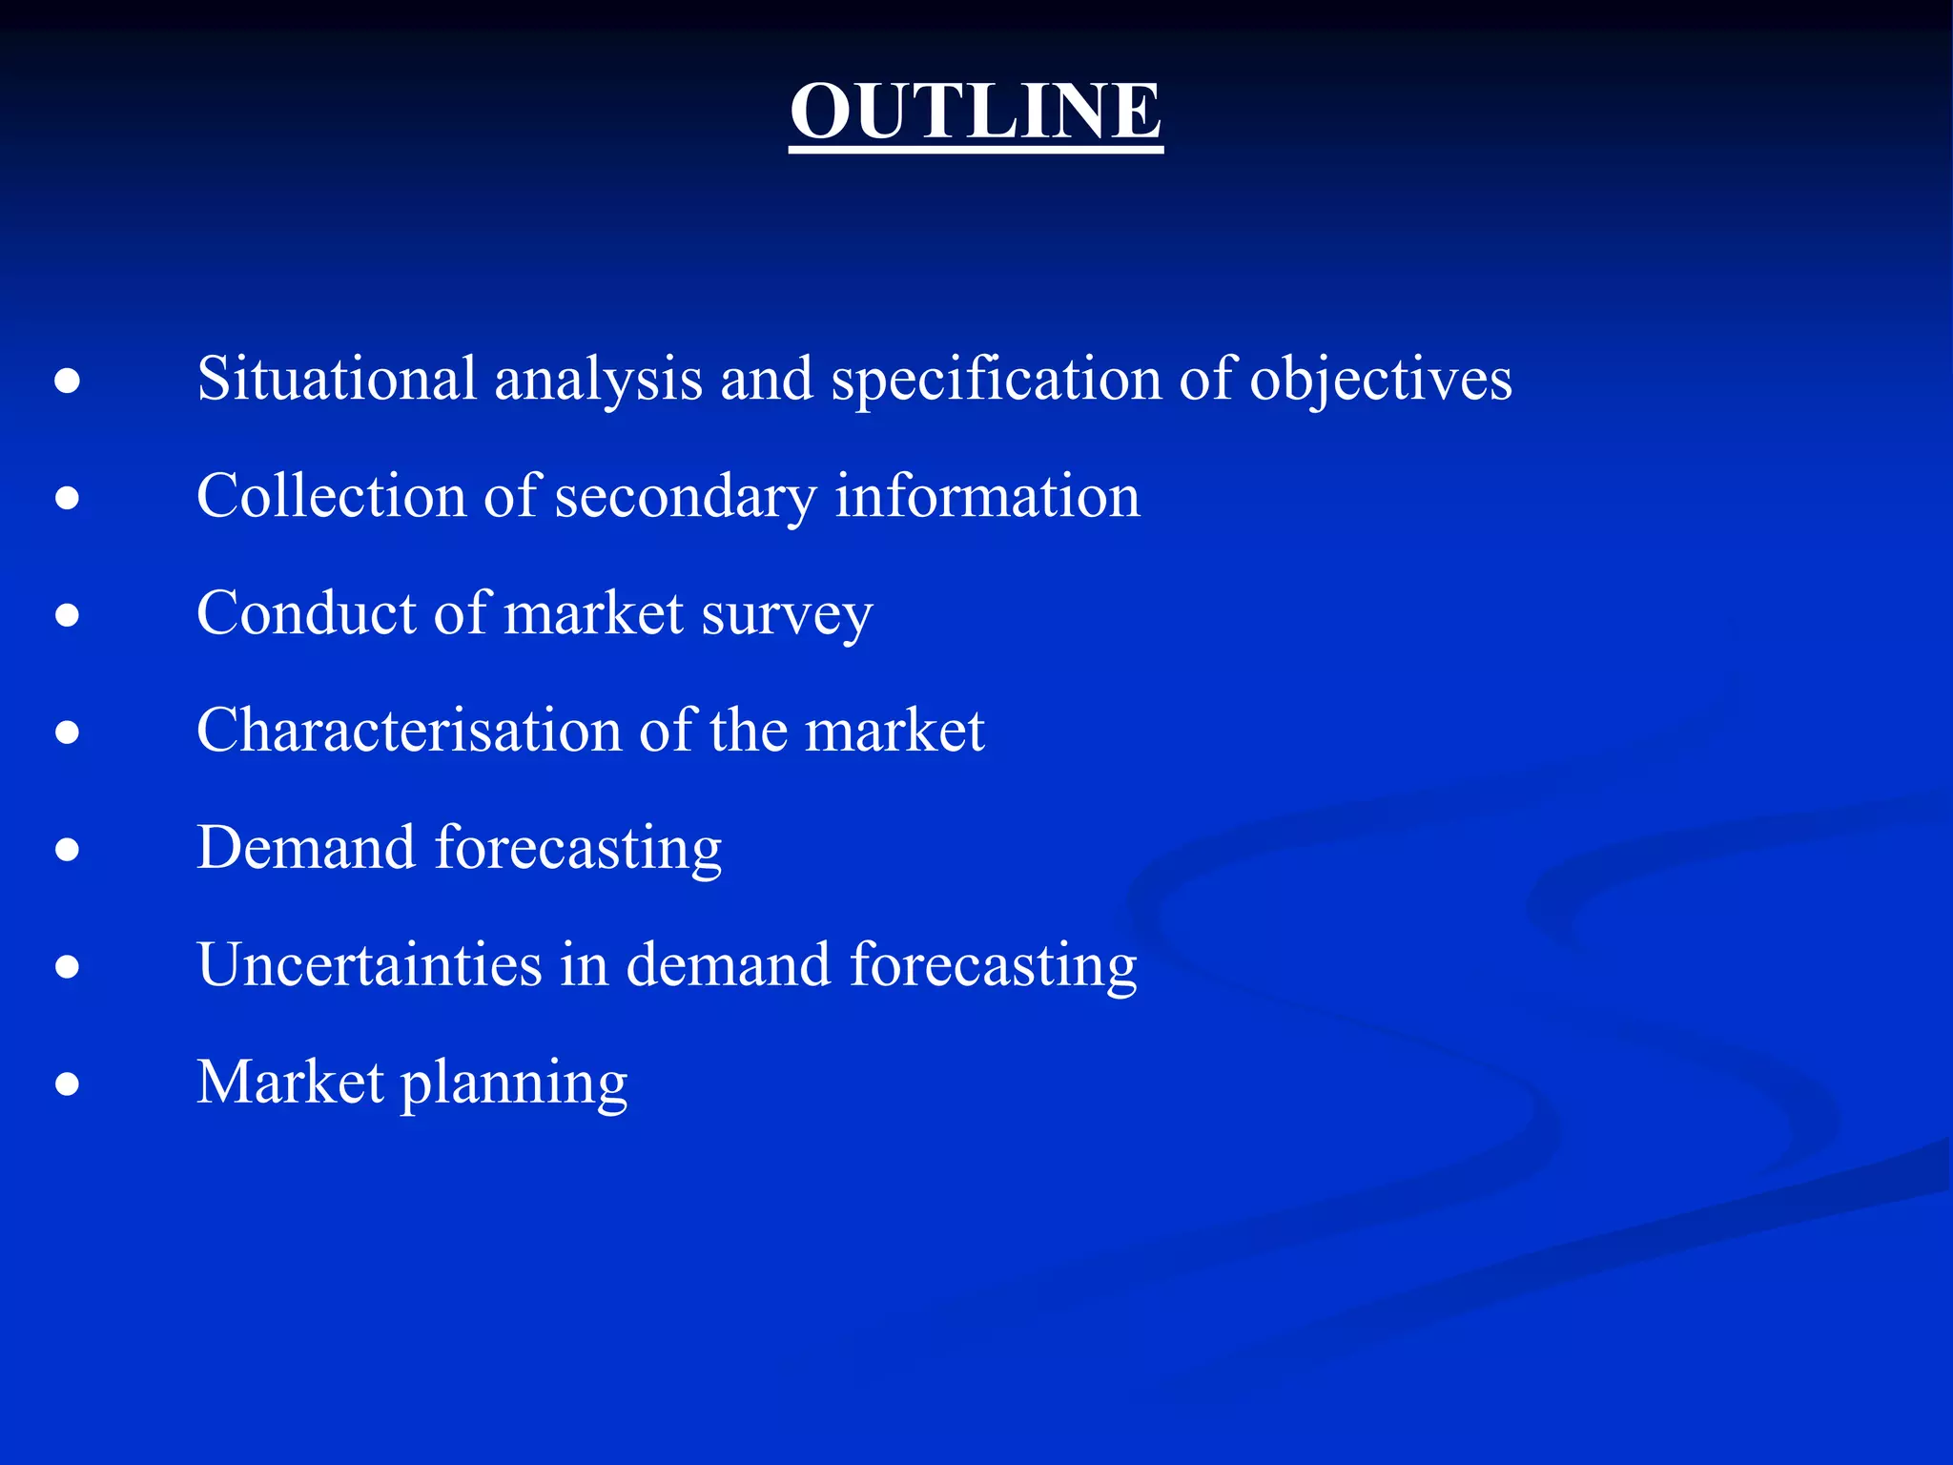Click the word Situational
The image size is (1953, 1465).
coord(336,379)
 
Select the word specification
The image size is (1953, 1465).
coord(996,379)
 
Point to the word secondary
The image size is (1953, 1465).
coord(685,497)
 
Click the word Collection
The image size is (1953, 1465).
coord(331,496)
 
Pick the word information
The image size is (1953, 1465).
coord(987,496)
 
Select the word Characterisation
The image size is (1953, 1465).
coord(409,731)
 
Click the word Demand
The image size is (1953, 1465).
coord(305,848)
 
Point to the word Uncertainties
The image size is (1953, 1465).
coord(369,964)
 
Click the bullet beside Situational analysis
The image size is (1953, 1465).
coord(67,382)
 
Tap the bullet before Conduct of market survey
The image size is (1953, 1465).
coord(67,615)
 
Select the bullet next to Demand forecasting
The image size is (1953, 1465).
coord(67,850)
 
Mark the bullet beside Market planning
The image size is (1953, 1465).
coord(67,1084)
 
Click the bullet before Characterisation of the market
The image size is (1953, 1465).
coord(67,732)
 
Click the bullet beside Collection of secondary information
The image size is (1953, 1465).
coord(67,498)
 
